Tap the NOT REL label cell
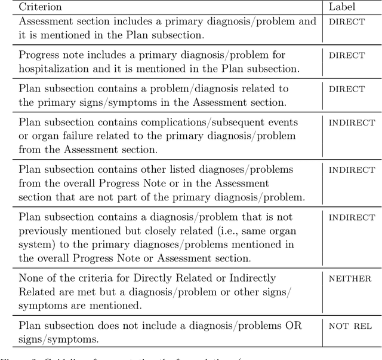click(350, 325)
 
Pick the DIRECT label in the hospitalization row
click(346, 55)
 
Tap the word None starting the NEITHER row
click(31, 277)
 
